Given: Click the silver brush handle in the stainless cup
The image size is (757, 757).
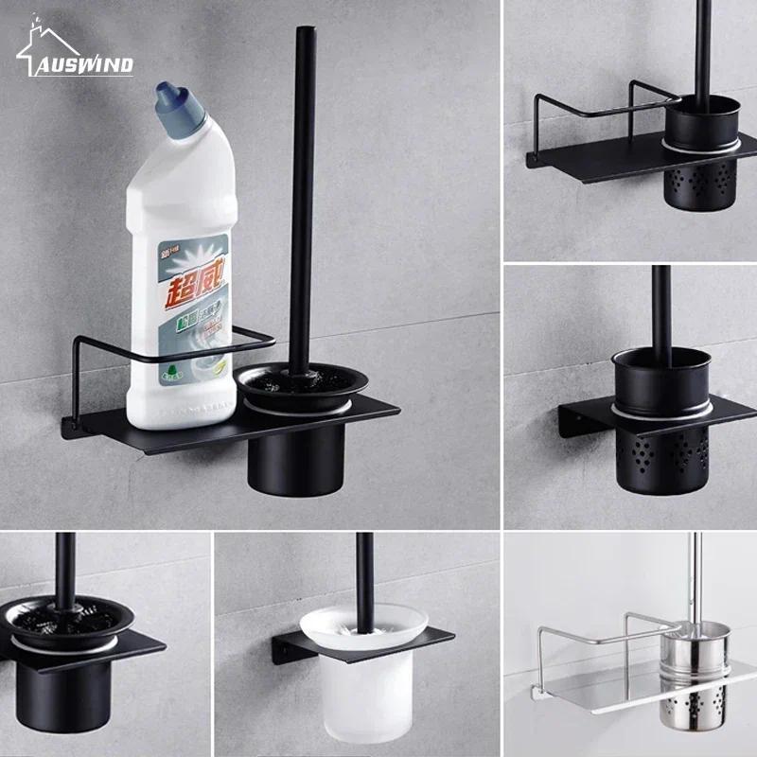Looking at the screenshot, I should coord(695,577).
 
